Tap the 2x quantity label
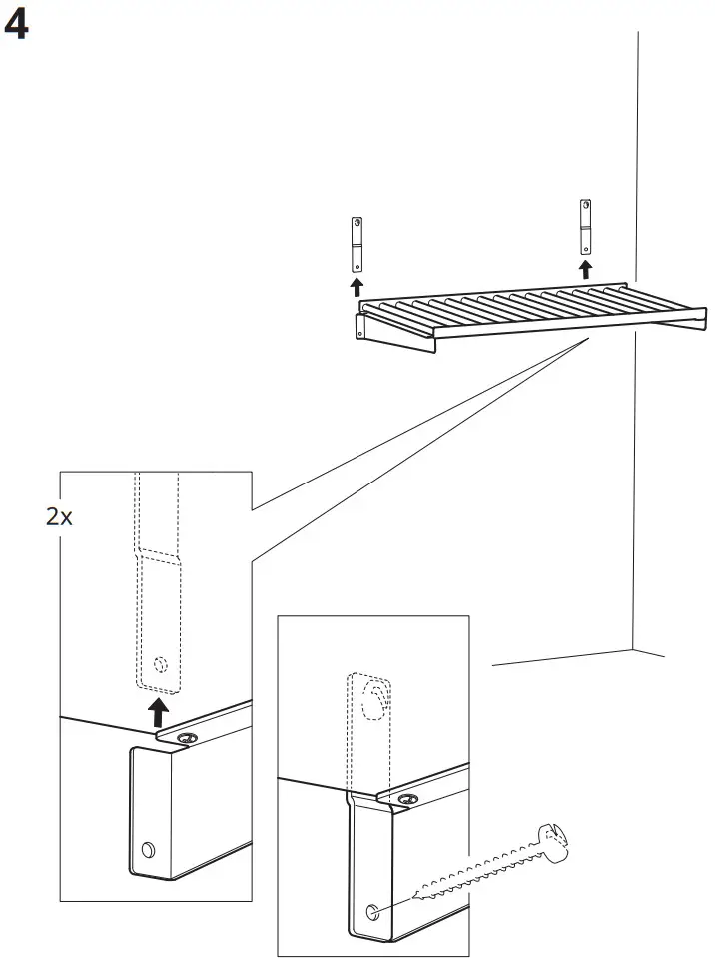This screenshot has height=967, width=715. tap(60, 518)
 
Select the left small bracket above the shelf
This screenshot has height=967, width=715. tap(355, 244)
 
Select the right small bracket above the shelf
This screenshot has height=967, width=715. tap(585, 227)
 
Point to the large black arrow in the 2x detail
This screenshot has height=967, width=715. tap(157, 713)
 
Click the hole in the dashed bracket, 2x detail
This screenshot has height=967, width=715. tap(159, 663)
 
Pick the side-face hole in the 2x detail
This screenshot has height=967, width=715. tap(148, 850)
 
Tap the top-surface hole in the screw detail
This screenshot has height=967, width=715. tap(407, 798)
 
